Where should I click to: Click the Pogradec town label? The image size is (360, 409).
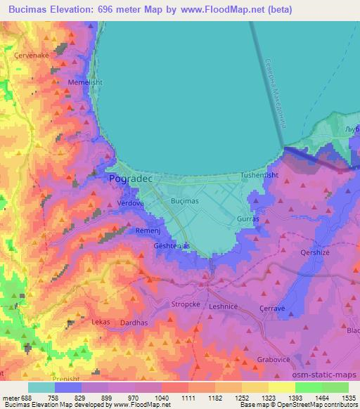pyautogui.click(x=133, y=179)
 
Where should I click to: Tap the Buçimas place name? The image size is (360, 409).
pyautogui.click(x=186, y=201)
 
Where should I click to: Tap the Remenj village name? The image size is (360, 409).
pyautogui.click(x=148, y=231)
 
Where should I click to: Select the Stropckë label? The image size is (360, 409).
pyautogui.click(x=186, y=305)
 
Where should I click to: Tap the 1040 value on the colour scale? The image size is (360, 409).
pyautogui.click(x=161, y=398)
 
